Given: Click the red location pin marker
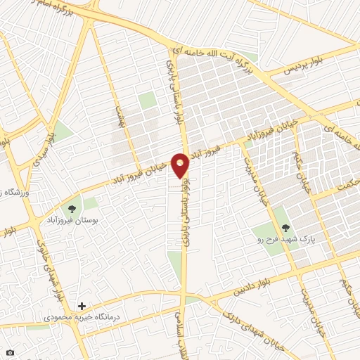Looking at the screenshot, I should click(x=181, y=166).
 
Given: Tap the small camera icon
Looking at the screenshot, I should click(x=10, y=352).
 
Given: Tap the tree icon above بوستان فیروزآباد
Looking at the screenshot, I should click(x=72, y=209).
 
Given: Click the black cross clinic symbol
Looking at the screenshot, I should click(x=82, y=306).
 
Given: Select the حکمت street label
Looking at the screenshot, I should click(x=345, y=185).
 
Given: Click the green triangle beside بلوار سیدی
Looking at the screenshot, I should click(x=61, y=131).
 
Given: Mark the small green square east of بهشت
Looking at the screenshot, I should click(x=146, y=101).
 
